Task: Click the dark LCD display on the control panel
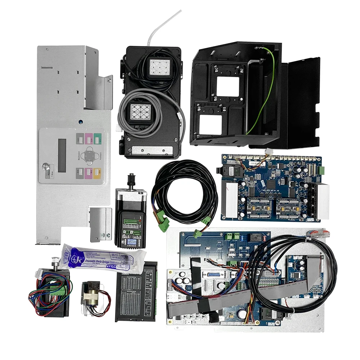click(x=62, y=155)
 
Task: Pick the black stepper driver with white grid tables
click(x=136, y=292)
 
